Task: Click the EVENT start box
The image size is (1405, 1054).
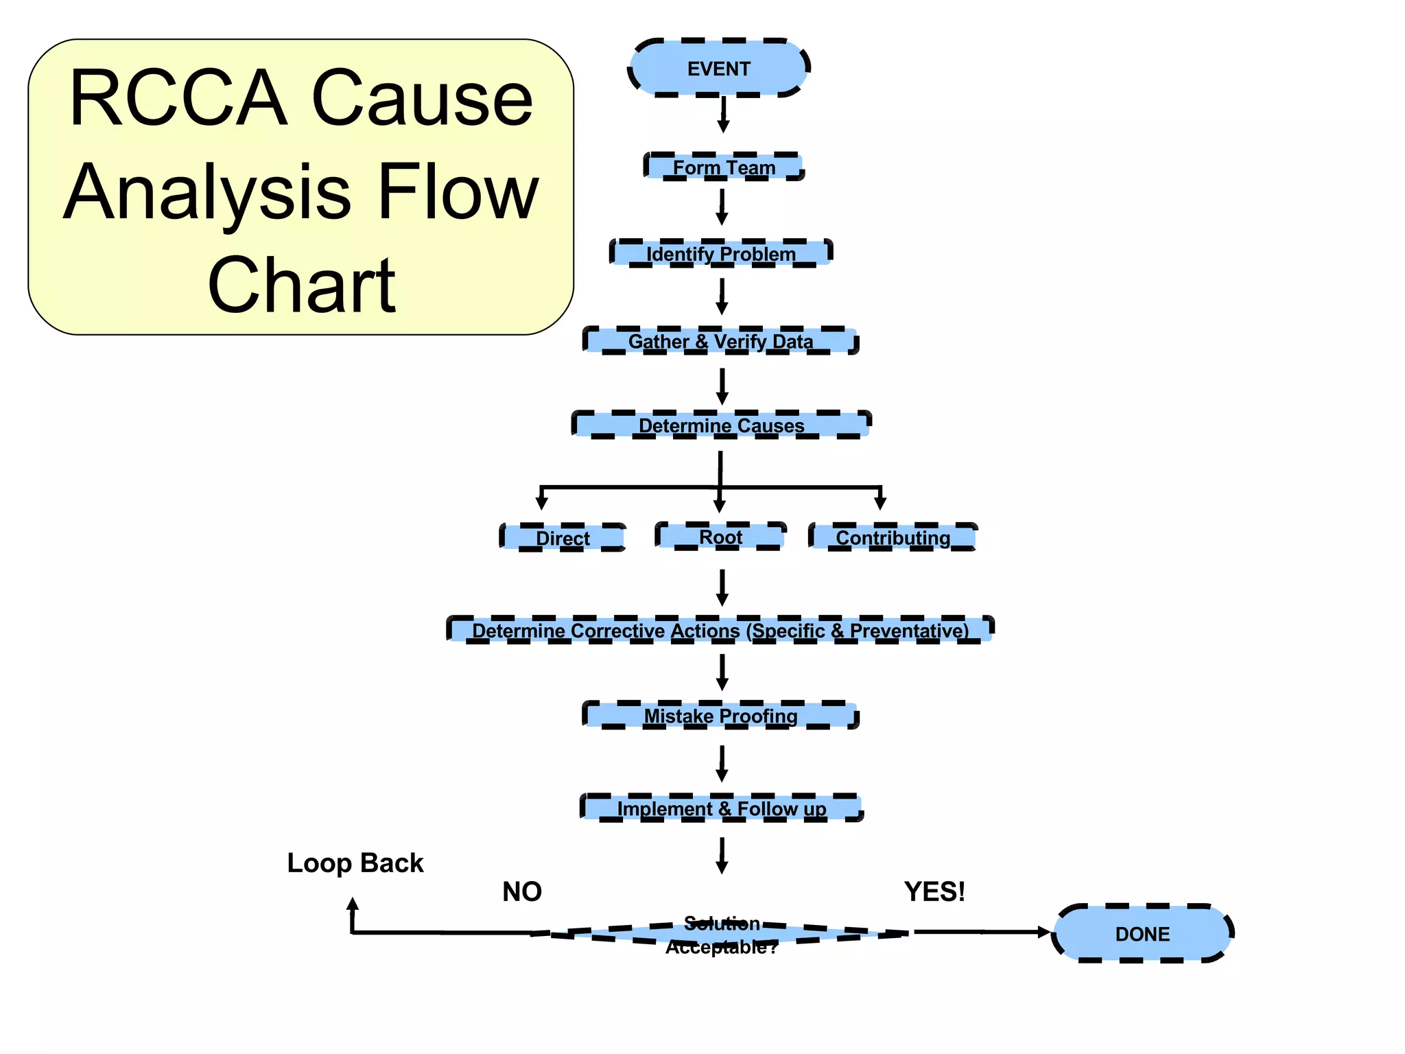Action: pyautogui.click(x=719, y=68)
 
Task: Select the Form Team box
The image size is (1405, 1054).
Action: pyautogui.click(x=724, y=167)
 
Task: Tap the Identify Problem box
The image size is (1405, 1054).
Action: pyautogui.click(x=721, y=253)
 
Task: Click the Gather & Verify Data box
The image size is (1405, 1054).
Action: pyautogui.click(x=720, y=341)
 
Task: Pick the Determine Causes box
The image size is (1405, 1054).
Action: pyautogui.click(x=721, y=425)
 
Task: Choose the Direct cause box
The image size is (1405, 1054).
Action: pyautogui.click(x=563, y=537)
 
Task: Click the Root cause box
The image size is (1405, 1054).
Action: pyautogui.click(x=720, y=537)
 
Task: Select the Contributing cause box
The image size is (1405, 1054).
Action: pyautogui.click(x=893, y=537)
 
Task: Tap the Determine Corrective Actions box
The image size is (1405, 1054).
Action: pyautogui.click(x=720, y=630)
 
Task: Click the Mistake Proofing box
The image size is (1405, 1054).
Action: pyautogui.click(x=720, y=716)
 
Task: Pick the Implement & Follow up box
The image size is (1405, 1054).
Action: pyautogui.click(x=721, y=808)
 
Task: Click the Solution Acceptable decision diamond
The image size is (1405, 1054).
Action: pyautogui.click(x=722, y=934)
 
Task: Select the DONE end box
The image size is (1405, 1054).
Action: pyautogui.click(x=1142, y=933)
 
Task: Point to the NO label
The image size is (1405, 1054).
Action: pyautogui.click(x=522, y=891)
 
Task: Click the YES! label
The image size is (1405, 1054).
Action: pyautogui.click(x=934, y=891)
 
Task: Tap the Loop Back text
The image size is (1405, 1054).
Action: pyautogui.click(x=355, y=863)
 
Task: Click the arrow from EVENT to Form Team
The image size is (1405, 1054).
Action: pyautogui.click(x=723, y=115)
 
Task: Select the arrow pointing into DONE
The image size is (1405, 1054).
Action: pyautogui.click(x=981, y=932)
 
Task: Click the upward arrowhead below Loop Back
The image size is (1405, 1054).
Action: pyautogui.click(x=353, y=904)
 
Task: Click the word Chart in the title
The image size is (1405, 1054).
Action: pyautogui.click(x=302, y=285)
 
